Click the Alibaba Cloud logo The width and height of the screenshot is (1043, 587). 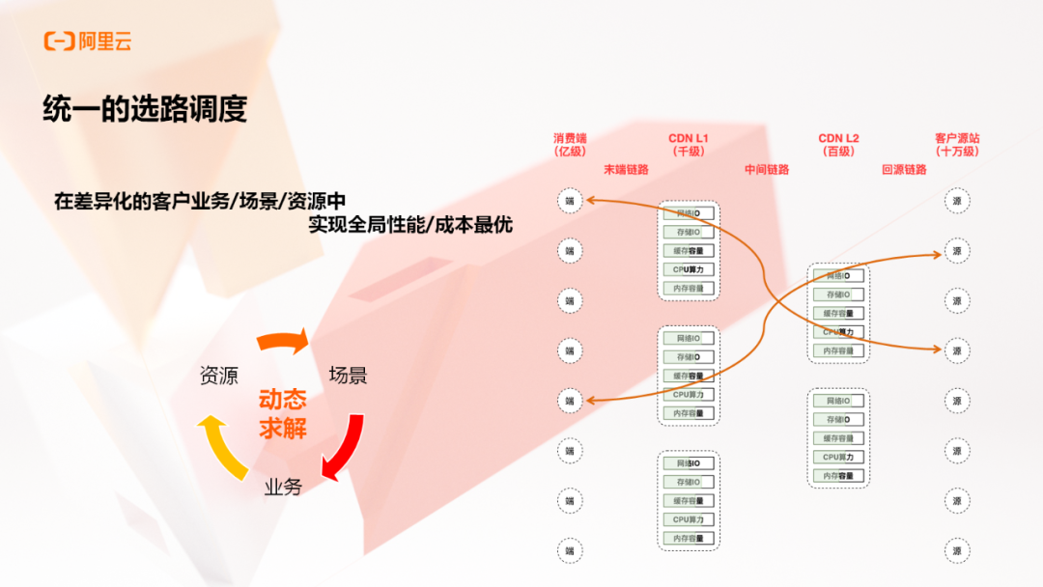click(87, 41)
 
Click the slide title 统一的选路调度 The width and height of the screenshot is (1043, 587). click(145, 108)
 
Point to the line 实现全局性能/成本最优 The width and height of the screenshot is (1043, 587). click(410, 225)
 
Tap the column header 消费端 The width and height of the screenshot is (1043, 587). click(570, 138)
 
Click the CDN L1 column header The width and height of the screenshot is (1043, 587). click(689, 138)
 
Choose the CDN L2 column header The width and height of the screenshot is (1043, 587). click(838, 138)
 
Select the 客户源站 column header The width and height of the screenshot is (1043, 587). click(957, 138)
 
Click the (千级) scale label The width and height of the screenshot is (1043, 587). click(689, 152)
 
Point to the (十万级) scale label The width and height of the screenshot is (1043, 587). click(957, 152)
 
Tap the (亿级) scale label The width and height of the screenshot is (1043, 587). click(570, 152)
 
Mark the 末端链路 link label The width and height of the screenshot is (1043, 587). click(626, 170)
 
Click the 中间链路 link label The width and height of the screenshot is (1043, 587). click(767, 170)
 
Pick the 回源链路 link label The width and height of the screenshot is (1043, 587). click(904, 170)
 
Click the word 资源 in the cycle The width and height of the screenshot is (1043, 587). click(218, 376)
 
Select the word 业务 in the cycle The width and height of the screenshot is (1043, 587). click(283, 487)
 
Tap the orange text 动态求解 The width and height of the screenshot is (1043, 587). click(283, 414)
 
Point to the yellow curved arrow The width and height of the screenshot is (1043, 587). click(219, 445)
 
